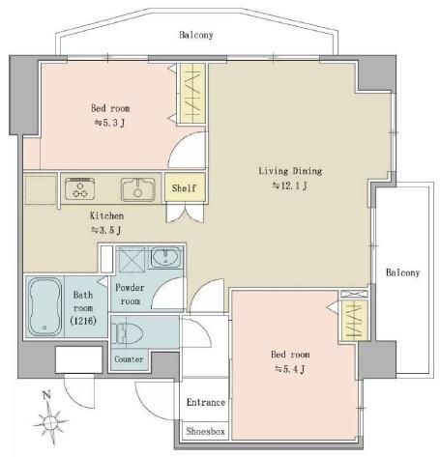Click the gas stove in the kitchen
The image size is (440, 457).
[79, 189]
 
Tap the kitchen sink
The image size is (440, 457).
[137, 189]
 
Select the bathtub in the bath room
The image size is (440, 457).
[44, 307]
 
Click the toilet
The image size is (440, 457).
[127, 333]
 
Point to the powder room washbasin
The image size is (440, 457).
[165, 257]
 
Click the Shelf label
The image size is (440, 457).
[184, 187]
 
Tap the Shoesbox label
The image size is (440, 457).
[205, 431]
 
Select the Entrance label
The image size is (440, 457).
[206, 402]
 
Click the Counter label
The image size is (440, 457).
[129, 359]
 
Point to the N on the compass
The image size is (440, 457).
[47, 394]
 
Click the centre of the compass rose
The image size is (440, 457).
[50, 421]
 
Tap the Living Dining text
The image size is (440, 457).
[290, 171]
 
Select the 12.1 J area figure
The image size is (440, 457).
[290, 186]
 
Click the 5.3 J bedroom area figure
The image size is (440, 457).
[109, 123]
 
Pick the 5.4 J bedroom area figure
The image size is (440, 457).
[289, 369]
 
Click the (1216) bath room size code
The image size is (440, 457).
[83, 321]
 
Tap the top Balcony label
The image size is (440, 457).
[196, 35]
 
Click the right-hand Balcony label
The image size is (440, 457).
[402, 272]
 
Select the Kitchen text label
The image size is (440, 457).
[106, 215]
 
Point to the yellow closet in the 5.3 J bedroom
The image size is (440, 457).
[192, 94]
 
